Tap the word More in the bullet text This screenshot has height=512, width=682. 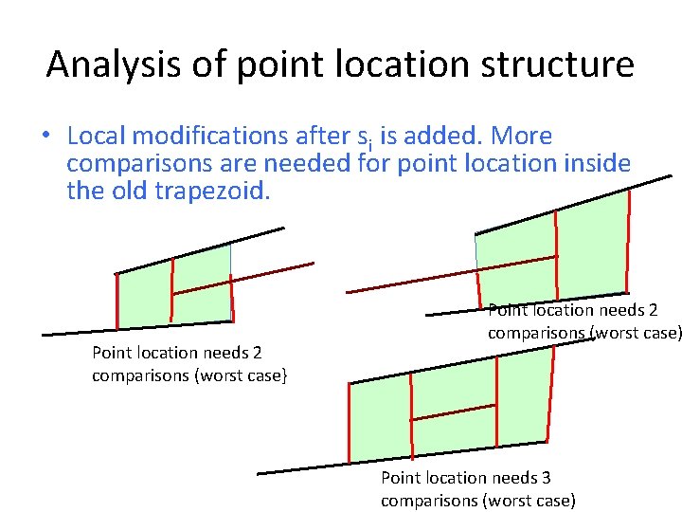521,137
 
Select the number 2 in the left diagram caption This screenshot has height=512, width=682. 257,353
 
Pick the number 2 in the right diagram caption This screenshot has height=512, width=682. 653,310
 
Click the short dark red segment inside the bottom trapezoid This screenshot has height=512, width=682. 454,411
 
